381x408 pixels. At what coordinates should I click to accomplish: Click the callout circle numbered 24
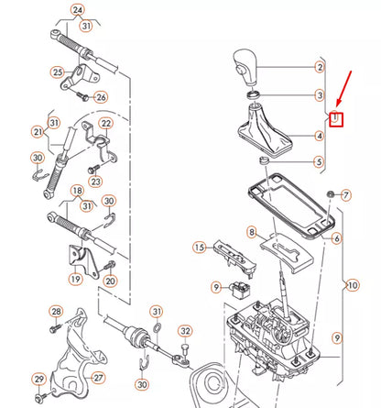click(77, 11)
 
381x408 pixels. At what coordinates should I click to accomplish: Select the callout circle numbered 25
click(57, 72)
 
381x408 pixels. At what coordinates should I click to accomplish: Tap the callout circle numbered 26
click(101, 96)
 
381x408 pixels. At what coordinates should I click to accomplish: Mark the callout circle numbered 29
click(38, 379)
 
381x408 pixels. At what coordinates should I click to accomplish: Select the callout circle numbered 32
click(186, 330)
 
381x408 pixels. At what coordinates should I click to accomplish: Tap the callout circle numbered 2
click(320, 67)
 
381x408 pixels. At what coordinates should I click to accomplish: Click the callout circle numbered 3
click(320, 95)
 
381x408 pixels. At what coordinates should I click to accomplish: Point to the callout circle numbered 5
click(320, 163)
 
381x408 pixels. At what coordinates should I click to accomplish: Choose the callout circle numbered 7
click(345, 195)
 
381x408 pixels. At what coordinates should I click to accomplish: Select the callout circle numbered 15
click(199, 248)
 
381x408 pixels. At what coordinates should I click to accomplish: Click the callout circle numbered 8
click(252, 234)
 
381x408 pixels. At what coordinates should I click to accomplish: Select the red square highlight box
click(336, 118)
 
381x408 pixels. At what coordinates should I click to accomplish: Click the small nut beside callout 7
click(330, 194)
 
